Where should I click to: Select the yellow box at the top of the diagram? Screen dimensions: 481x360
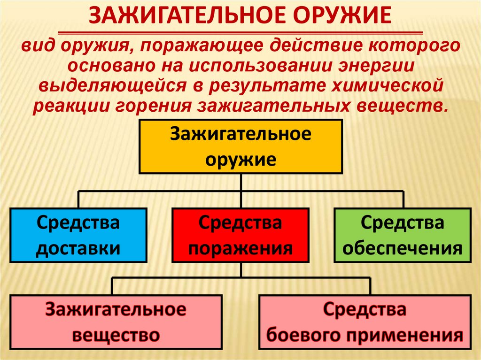240,146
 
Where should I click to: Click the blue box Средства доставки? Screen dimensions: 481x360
78,235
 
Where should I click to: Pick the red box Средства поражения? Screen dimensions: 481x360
240,235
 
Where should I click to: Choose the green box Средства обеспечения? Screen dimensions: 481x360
402,235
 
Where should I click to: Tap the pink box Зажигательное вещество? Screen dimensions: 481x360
116,322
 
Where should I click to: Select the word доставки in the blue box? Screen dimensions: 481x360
78,247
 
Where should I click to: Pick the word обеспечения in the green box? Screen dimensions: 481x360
402,247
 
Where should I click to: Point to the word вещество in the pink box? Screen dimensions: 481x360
116,335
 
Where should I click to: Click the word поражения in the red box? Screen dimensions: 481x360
240,247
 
